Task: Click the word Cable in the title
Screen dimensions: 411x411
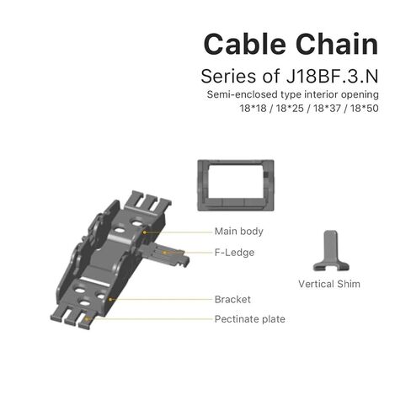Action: coord(245,44)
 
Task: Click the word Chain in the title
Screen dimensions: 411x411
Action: coord(337,44)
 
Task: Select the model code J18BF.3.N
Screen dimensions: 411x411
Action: coord(332,76)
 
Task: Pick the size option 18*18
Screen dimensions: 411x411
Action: coord(253,108)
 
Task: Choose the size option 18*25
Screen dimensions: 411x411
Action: coord(290,108)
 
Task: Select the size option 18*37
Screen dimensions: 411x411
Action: coord(327,108)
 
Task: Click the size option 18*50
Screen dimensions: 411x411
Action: coord(365,108)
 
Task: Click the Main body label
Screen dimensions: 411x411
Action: coord(239,232)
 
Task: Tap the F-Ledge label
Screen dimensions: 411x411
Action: coord(234,253)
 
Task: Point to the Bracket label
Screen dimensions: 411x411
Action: coord(232,299)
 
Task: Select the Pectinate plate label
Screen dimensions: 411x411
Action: coord(250,319)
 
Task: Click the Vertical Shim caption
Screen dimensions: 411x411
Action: coord(329,284)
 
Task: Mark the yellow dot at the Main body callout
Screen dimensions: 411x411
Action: coord(144,232)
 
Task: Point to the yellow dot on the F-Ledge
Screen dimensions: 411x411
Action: coord(164,253)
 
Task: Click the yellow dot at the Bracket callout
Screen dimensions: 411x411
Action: coord(110,300)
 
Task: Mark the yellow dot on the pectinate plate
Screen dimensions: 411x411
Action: coord(87,319)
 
